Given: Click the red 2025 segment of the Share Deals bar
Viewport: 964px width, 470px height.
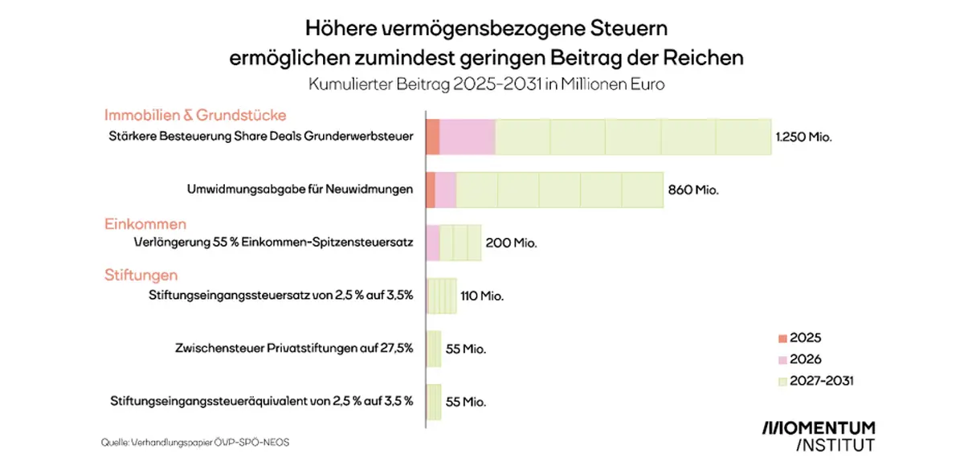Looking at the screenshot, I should click(433, 137).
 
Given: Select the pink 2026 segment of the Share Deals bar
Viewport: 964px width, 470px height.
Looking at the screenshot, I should click(468, 137).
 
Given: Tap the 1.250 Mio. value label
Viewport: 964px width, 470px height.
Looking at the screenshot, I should click(803, 137).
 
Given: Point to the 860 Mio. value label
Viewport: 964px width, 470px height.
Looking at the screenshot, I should click(692, 190).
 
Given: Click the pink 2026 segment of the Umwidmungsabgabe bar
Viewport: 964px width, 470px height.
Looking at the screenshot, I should click(446, 190).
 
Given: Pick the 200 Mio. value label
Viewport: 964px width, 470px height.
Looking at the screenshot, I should click(512, 243).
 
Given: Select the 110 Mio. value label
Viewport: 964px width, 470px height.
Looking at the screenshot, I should click(481, 296).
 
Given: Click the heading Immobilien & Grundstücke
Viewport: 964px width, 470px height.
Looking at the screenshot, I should click(195, 116).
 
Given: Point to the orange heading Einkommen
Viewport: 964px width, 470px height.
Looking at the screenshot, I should click(145, 223).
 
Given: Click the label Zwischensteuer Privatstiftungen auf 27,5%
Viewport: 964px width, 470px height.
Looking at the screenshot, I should click(293, 348).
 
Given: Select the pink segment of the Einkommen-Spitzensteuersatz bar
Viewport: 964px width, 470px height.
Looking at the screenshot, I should click(433, 243).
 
